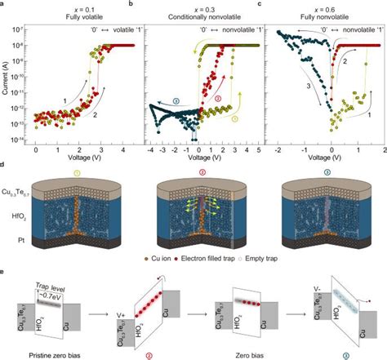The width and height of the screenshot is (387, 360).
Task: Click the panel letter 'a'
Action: pyautogui.click(x=4, y=5)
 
